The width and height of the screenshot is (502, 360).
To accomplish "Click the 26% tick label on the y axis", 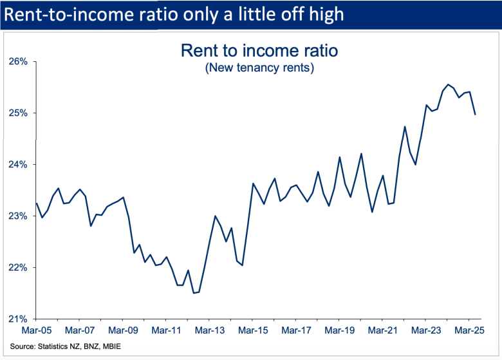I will pos(18,62).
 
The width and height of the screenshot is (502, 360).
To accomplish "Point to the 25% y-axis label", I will pos(18,113).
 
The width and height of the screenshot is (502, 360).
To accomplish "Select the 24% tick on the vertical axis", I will pos(18,165).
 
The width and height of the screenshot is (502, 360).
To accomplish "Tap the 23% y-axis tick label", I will pos(18,216).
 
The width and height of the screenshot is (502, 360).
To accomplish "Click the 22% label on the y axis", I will pos(18,268).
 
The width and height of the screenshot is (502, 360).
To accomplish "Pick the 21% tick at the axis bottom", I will pos(18,319).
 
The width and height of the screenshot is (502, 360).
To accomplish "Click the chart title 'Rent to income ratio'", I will pos(259,50).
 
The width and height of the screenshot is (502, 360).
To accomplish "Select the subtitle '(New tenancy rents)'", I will pos(259,68).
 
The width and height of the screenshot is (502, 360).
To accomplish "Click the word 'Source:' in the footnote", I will pos(24,346).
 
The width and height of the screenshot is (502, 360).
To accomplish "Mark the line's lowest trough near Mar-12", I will pos(194,293).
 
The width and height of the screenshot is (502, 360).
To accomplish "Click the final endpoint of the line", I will pos(475,115).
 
